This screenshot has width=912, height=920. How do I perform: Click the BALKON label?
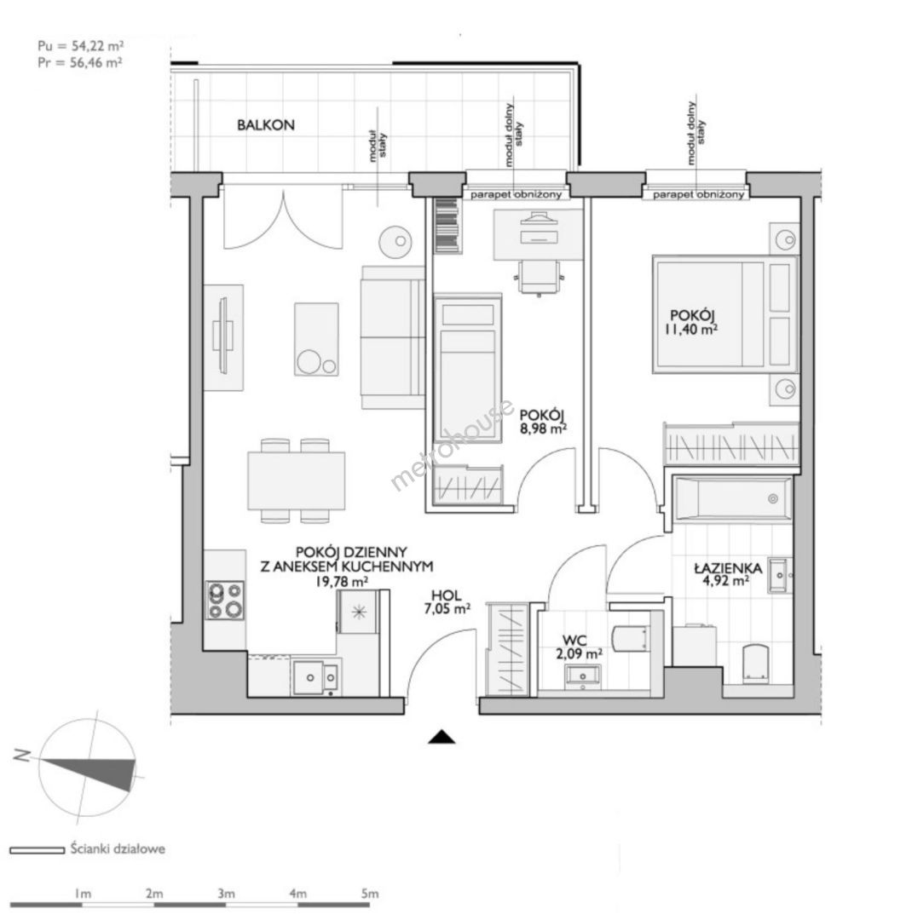pos(265,125)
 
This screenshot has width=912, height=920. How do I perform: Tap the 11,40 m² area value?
pos(691,330)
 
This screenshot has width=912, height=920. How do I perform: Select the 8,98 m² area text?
pos(543,428)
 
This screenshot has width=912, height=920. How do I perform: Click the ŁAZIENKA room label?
pos(728,568)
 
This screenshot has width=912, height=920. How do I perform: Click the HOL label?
pos(447,595)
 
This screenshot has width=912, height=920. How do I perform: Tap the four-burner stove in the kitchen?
pos(226,601)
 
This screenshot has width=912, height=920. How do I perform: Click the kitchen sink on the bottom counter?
pos(315,678)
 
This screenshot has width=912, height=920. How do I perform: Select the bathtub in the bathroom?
pos(731,498)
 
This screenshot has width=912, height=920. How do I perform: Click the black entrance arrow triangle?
pos(442,738)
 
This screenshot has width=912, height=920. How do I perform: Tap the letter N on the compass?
pos(21,756)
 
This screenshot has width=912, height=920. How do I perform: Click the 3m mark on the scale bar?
pos(226,894)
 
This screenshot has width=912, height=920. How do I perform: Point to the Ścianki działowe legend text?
pos(118,848)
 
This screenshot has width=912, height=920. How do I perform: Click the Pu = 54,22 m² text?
pos(80,46)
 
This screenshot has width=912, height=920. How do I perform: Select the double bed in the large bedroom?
pos(725,314)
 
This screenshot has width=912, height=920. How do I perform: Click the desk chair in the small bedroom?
pos(539,278)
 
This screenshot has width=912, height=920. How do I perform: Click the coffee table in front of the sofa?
pos(316,339)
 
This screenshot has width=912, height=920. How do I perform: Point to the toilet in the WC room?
pos(632,638)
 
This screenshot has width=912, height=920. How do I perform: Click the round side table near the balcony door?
pos(394,241)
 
